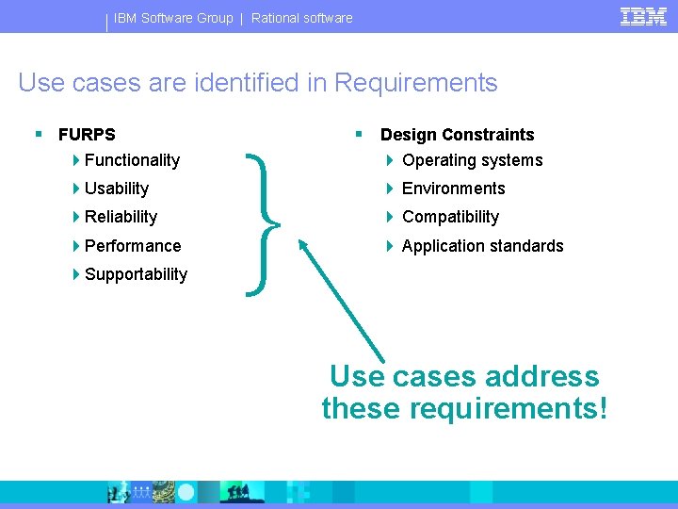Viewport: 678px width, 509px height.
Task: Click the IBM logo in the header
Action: click(643, 16)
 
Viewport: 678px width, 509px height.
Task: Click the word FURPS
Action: click(87, 135)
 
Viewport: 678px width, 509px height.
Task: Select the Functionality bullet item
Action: click(132, 160)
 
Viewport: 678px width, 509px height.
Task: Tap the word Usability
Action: click(117, 189)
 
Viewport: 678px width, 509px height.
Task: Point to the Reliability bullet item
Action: click(121, 217)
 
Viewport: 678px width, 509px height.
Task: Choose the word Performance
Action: click(133, 246)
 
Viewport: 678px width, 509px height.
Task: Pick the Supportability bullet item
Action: click(136, 274)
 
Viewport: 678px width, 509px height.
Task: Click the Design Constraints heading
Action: click(457, 135)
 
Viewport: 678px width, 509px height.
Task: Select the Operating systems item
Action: click(472, 160)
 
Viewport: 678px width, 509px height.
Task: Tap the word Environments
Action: click(454, 189)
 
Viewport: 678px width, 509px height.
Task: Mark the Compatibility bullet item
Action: click(450, 217)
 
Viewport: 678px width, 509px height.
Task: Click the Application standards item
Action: click(482, 246)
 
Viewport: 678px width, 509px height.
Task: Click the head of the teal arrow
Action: click(303, 244)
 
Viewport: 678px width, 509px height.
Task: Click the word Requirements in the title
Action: click(415, 83)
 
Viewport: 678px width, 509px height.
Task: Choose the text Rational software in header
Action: click(301, 18)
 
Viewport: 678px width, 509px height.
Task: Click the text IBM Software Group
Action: click(173, 18)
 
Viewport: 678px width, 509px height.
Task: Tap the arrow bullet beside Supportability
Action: click(76, 274)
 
